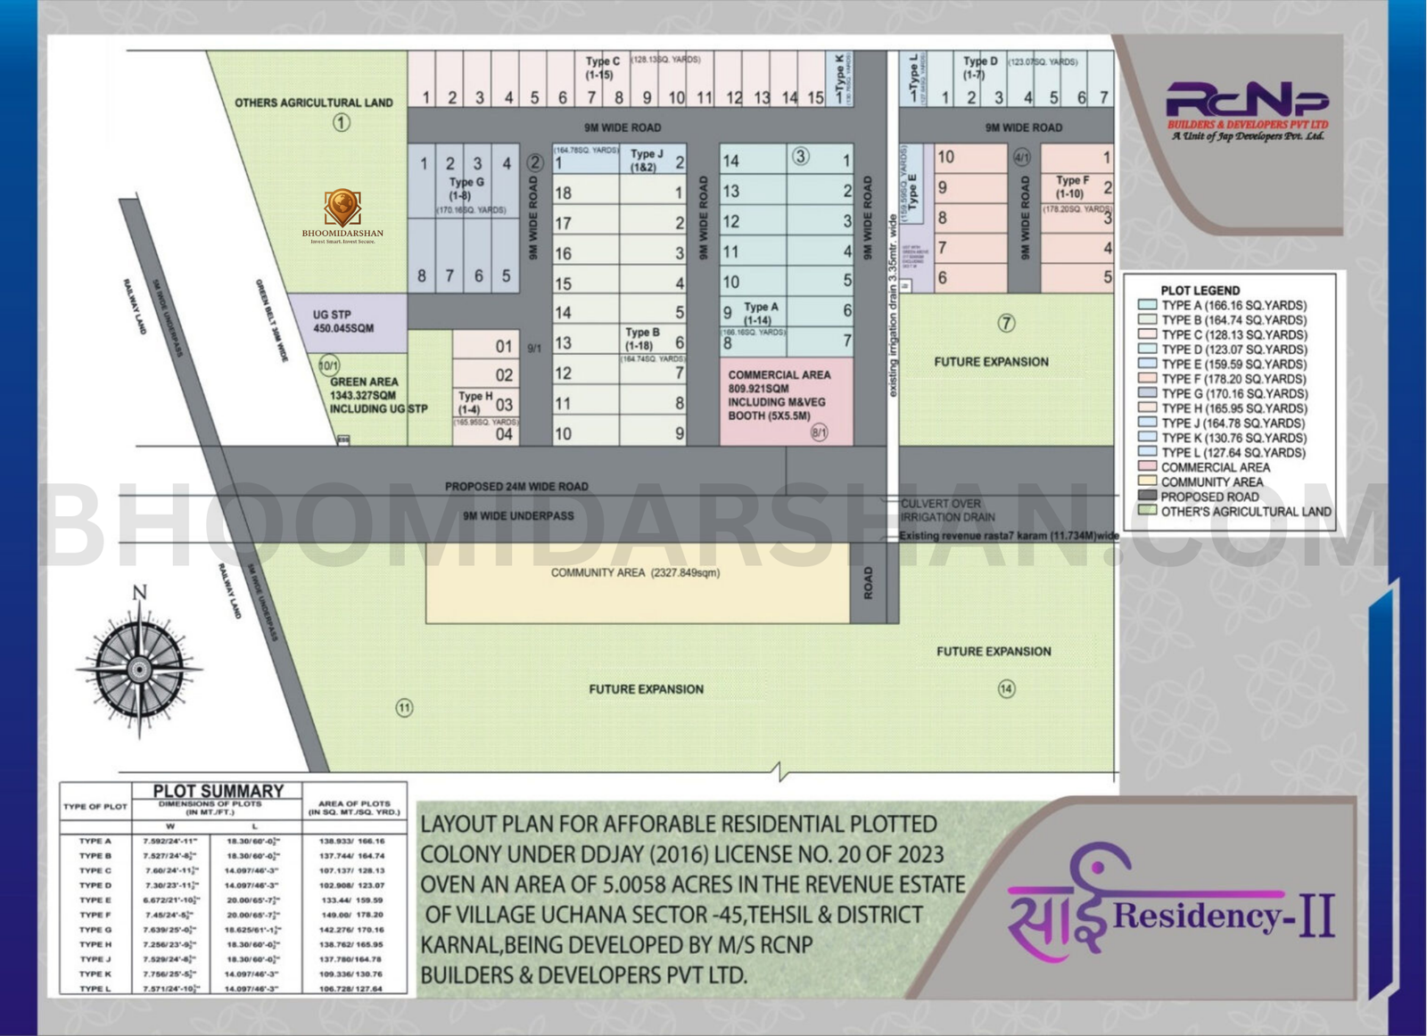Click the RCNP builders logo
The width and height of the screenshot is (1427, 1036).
pos(1247,111)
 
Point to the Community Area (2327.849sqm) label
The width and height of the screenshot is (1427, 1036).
pos(635,572)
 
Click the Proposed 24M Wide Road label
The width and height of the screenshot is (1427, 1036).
pos(516,487)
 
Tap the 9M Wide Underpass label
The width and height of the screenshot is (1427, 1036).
pos(518,516)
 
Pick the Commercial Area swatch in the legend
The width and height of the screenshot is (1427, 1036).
pos(1147,467)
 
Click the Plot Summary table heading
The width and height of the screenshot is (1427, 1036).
pos(218,791)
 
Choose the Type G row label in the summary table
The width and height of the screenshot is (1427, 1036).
pos(95,930)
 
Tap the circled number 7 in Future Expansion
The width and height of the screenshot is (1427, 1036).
pos(1006,324)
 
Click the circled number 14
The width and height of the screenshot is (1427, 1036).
pos(1006,688)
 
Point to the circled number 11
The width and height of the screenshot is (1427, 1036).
pos(404,708)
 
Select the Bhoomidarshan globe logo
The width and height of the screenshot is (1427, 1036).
pos(342,208)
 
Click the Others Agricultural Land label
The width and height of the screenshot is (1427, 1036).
pos(313,103)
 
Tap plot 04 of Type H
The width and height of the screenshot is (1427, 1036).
pos(504,434)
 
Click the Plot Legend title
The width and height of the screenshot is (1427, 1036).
pos(1200,291)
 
